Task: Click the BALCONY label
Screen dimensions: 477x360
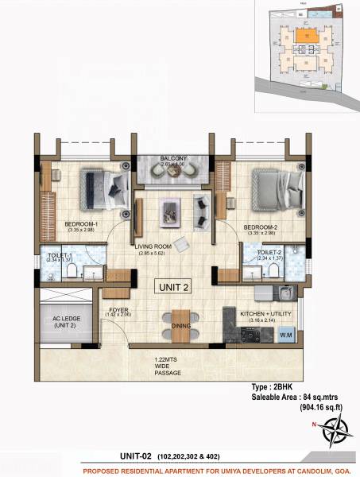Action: tap(173, 159)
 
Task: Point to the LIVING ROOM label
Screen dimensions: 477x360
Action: tap(154, 247)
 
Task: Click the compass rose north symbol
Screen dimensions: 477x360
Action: tap(327, 427)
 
